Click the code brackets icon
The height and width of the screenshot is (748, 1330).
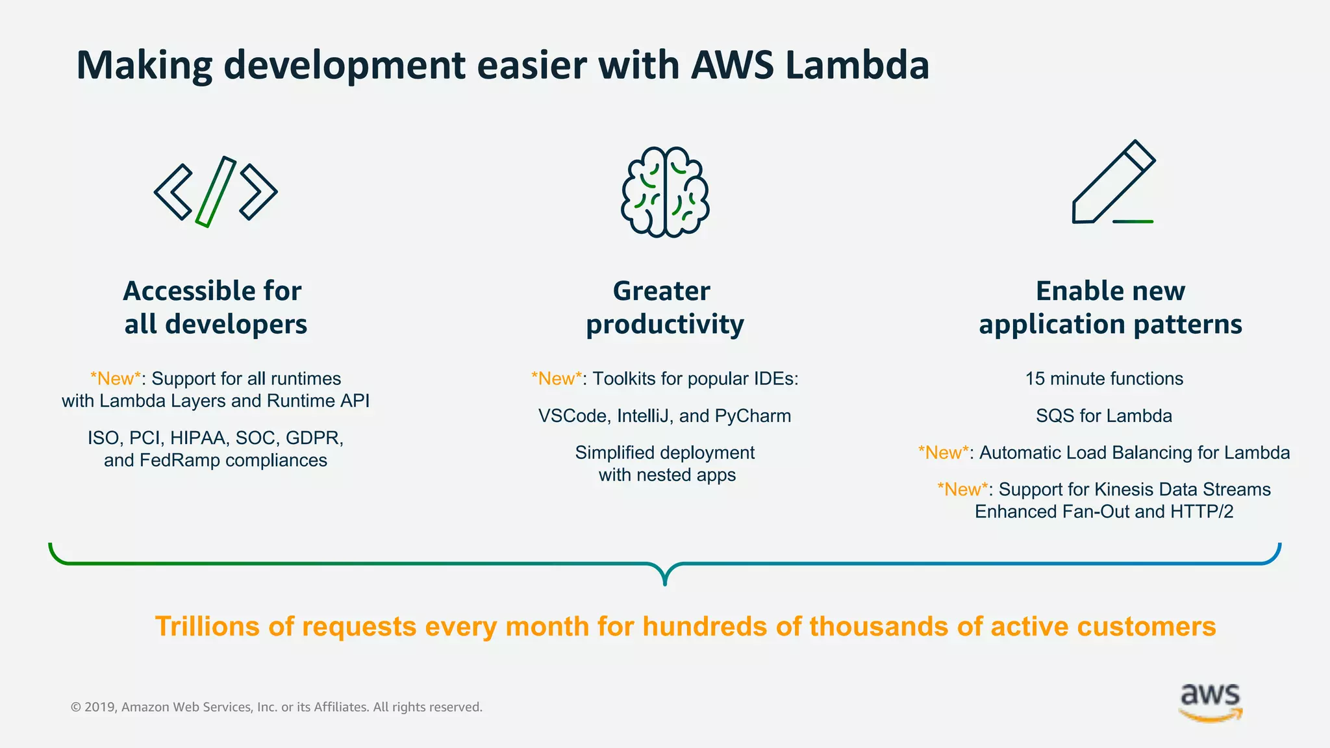[x=216, y=192]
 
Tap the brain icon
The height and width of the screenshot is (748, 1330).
[x=665, y=192]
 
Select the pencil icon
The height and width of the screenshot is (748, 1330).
[x=1113, y=183]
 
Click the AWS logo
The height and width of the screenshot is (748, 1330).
[x=1211, y=703]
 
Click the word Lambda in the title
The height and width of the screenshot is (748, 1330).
[x=857, y=65]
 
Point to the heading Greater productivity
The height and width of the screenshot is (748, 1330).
[x=664, y=307]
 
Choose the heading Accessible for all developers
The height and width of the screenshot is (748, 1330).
[x=215, y=307]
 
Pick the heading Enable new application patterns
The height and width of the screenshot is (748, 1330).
[x=1110, y=307]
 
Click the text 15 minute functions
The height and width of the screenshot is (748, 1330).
[x=1104, y=379]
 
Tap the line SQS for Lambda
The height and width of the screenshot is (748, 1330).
[x=1104, y=416]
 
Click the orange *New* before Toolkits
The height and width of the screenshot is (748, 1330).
[x=556, y=379]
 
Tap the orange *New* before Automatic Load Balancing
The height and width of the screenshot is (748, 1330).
[x=943, y=453]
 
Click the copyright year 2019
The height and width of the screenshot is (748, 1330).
[x=99, y=707]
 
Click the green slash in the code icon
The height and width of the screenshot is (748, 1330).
[x=216, y=192]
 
